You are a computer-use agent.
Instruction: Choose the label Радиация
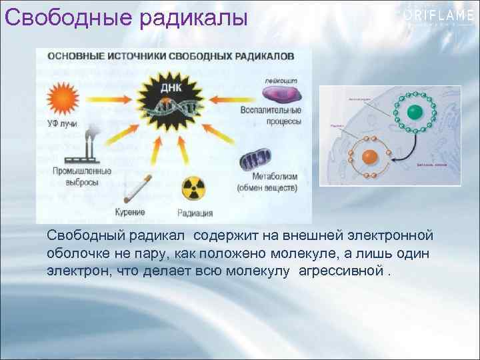195,213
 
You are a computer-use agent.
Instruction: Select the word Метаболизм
274,177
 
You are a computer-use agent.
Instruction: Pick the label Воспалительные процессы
276,116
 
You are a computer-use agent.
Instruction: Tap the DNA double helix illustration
176,109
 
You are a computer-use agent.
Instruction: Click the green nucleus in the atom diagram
413,111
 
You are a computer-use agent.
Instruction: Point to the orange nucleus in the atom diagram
369,158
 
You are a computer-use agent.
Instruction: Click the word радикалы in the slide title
194,17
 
